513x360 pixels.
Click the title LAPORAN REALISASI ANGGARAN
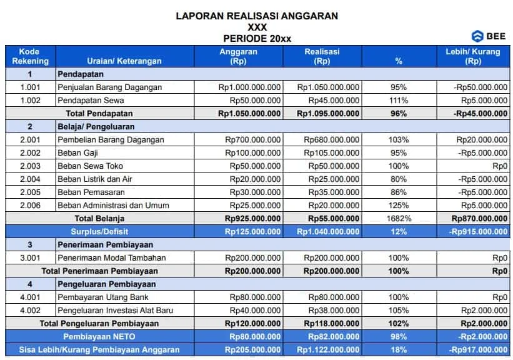[257, 16]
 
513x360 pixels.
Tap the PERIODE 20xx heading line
[257, 39]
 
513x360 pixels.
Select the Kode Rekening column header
[30, 56]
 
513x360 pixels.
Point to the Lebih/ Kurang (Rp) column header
[472, 56]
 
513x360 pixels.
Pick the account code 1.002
[30, 100]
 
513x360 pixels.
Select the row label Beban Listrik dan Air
[96, 179]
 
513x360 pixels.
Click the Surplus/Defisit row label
[100, 231]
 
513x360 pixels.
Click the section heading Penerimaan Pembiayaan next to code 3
[106, 244]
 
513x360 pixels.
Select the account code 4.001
[30, 297]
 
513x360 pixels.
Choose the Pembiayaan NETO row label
[100, 337]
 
